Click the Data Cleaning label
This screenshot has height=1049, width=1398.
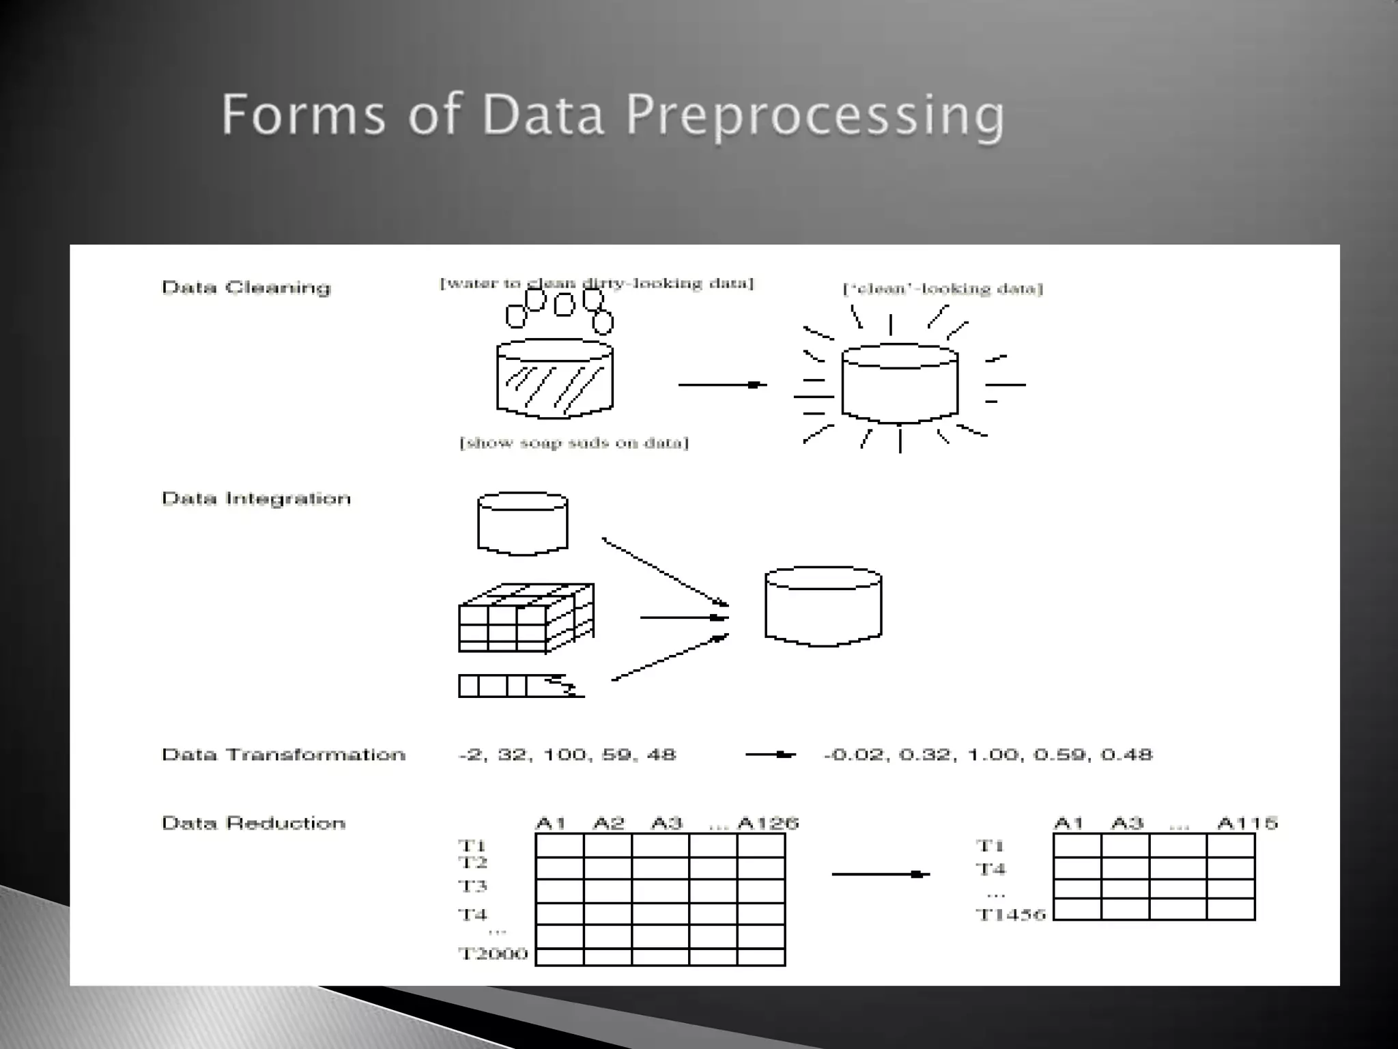pos(246,288)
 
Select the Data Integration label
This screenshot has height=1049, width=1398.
pos(256,499)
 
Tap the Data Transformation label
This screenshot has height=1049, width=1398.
pos(283,755)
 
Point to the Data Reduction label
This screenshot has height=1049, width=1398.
pos(253,823)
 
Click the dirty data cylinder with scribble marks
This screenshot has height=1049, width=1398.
pos(554,379)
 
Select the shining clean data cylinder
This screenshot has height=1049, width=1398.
pos(900,384)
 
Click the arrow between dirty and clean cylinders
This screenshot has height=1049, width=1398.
pos(722,385)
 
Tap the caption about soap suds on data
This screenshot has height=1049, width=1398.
pos(574,443)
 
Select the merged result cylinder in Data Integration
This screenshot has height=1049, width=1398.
pos(823,606)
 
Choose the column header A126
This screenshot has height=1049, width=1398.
pos(768,823)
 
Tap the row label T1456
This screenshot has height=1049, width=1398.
pos(1010,914)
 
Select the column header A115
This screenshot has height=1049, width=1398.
pos(1246,823)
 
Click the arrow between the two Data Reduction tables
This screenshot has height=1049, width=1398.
pos(881,874)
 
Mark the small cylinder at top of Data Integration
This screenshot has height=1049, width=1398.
pos(523,522)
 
